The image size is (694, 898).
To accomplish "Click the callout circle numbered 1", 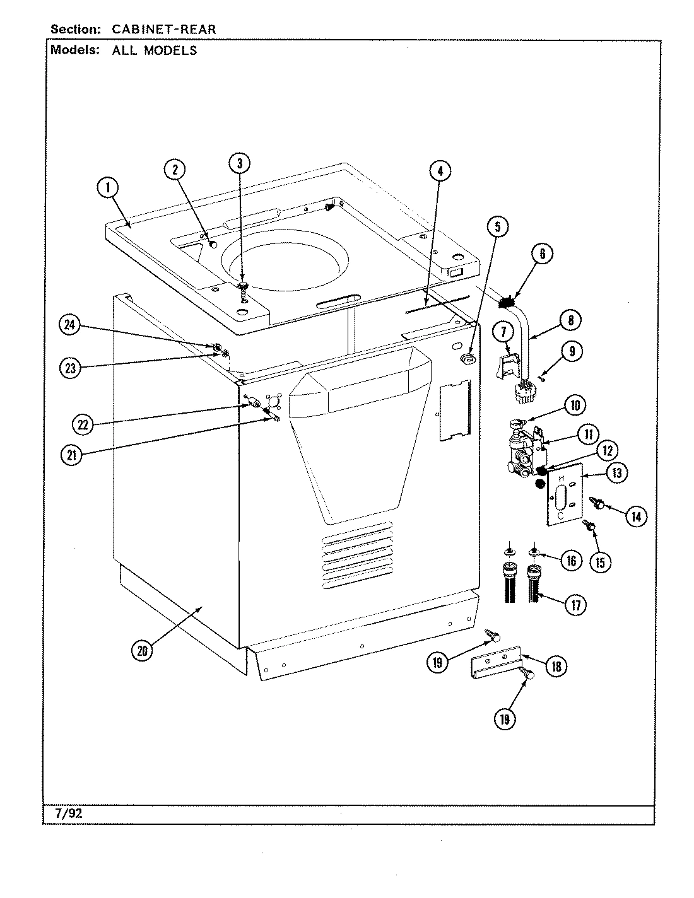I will tap(108, 187).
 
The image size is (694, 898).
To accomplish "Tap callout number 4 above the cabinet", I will tap(440, 171).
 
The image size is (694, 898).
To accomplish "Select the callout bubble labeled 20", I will tap(142, 651).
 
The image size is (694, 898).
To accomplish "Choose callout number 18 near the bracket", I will tap(556, 666).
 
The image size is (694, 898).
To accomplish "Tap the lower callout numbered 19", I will tap(505, 719).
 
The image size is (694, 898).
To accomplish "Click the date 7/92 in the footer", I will tap(65, 813).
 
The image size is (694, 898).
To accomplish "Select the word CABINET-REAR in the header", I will tap(164, 30).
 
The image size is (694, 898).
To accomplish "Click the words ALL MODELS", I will tap(155, 50).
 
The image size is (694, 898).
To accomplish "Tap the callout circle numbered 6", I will tap(542, 254).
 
